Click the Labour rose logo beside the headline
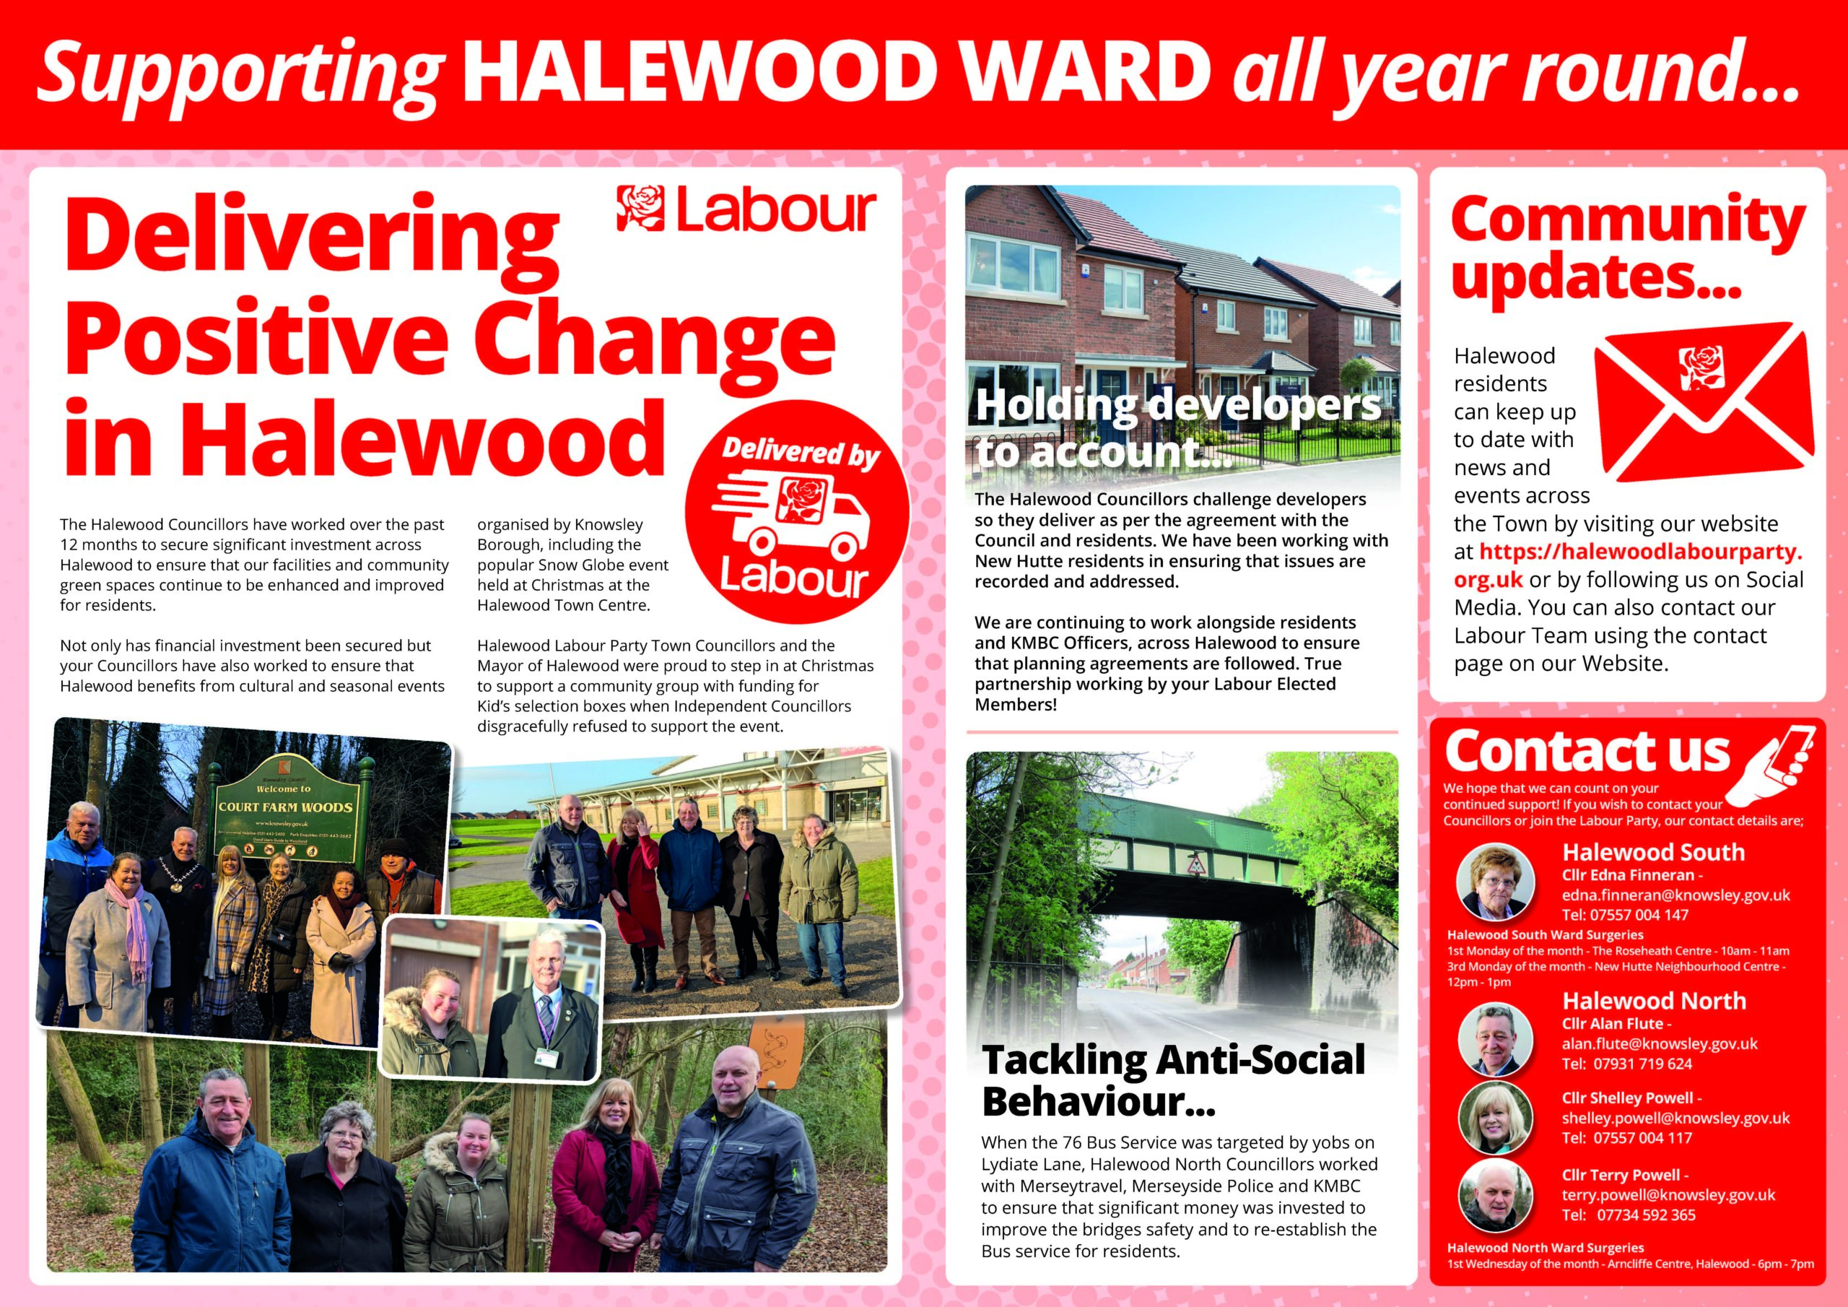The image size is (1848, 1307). tap(642, 209)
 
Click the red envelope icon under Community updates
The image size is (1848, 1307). tap(1704, 407)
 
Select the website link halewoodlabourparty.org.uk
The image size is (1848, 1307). tap(1627, 565)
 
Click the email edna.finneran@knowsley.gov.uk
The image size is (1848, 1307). tap(1675, 895)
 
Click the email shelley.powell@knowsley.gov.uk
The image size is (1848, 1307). tap(1675, 1118)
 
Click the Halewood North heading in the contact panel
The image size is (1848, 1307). tap(1654, 1001)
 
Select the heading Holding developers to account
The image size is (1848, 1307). tap(1177, 427)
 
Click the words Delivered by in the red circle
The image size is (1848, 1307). tap(799, 453)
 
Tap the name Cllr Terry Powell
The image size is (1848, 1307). tap(1625, 1175)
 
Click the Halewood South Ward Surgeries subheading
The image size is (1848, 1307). tap(1545, 935)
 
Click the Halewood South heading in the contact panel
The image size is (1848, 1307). tap(1653, 852)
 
